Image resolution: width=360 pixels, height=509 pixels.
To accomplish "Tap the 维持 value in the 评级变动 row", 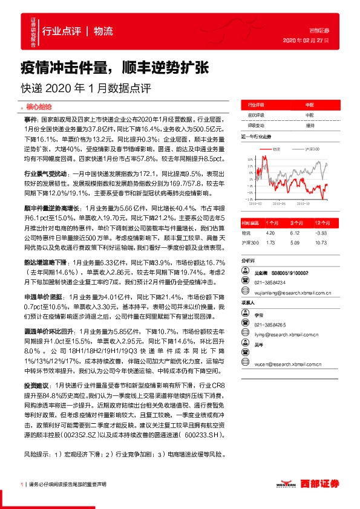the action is (310, 125).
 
